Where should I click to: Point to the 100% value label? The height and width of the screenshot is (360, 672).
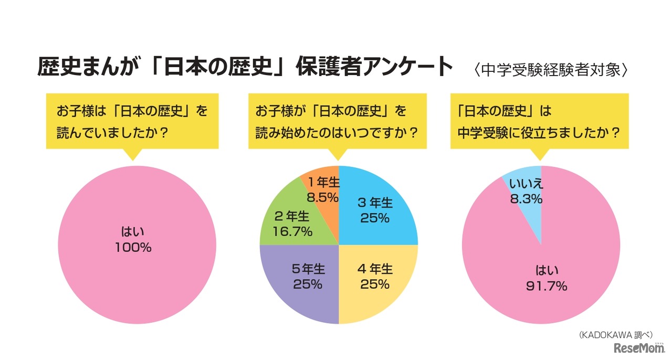133,248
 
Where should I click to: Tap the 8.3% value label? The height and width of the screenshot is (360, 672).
526,199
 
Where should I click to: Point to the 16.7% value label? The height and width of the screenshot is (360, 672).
293,230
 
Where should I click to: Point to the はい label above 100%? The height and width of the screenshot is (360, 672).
133,231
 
